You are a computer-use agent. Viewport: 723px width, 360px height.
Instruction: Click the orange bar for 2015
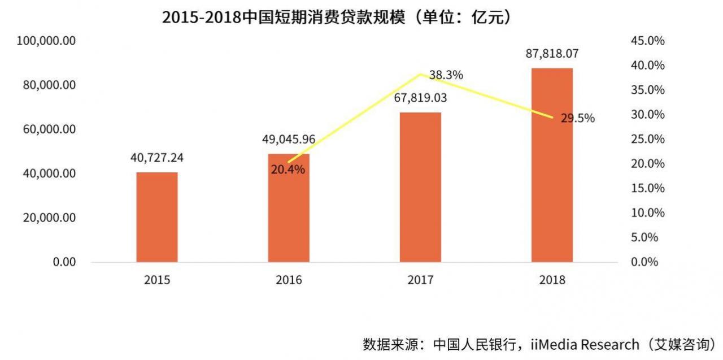coord(156,217)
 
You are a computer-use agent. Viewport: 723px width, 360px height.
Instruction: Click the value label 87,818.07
coord(552,54)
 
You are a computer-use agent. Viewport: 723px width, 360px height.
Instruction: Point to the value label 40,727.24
coord(156,158)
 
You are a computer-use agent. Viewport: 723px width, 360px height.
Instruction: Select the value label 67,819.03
coord(420,98)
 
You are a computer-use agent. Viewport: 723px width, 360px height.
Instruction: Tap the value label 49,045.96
coord(289,139)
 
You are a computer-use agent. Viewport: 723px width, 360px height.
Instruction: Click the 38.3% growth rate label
coord(446,75)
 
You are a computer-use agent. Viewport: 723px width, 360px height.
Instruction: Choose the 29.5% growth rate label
coord(577,119)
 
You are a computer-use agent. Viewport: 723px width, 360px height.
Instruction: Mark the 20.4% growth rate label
coord(288,169)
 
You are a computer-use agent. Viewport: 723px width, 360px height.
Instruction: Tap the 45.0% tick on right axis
coord(647,41)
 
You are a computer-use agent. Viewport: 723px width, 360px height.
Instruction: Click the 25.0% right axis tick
coord(647,139)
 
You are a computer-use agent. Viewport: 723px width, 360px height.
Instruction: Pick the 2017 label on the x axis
coord(420,280)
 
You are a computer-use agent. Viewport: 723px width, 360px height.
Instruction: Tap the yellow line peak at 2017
coord(420,74)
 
